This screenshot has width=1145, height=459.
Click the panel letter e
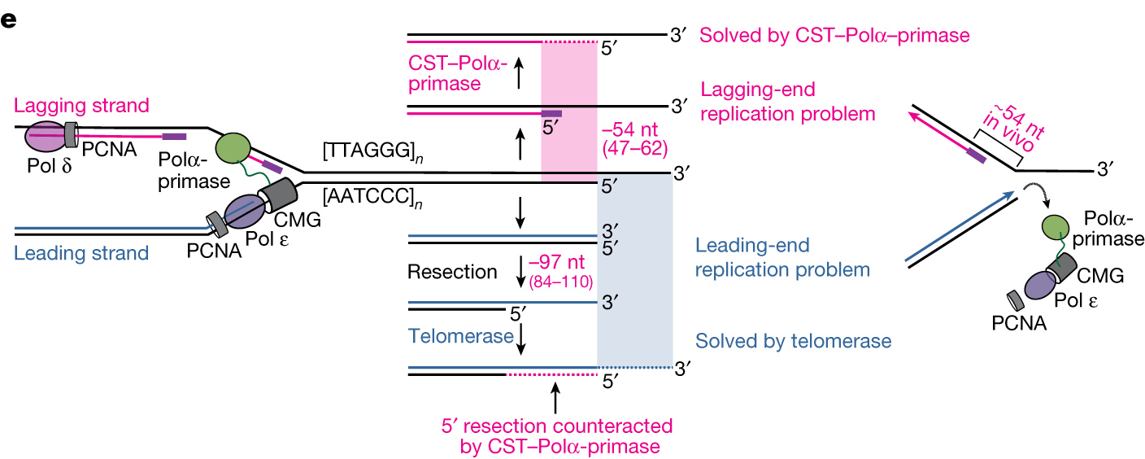click(x=9, y=20)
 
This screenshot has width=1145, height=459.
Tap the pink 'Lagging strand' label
click(x=81, y=106)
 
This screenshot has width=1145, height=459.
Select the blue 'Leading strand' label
click(x=81, y=253)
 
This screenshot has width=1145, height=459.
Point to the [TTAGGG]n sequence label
click(x=372, y=151)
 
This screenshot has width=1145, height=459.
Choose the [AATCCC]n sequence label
click(x=372, y=197)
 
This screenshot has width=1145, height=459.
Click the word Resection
click(x=452, y=272)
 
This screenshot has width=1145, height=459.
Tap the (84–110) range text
click(x=561, y=282)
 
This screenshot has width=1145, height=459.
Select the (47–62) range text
click(x=635, y=148)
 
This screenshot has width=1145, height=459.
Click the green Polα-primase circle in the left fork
click(x=233, y=148)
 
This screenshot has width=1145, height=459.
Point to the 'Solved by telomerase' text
click(x=794, y=341)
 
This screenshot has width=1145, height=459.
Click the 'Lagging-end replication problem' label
click(x=788, y=101)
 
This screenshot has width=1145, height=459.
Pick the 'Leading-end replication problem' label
click(x=782, y=257)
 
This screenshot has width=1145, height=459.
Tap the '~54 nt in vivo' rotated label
click(x=1013, y=128)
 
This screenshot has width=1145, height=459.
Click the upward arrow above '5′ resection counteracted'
click(x=555, y=398)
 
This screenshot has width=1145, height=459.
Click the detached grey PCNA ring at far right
click(x=1016, y=301)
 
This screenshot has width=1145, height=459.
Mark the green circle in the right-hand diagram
click(x=1055, y=228)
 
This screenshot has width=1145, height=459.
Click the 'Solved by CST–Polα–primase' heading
click(x=834, y=35)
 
